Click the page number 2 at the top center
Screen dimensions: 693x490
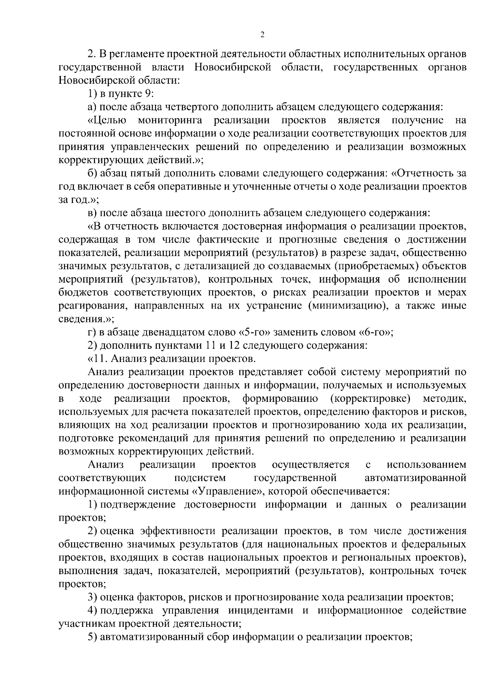262,35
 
